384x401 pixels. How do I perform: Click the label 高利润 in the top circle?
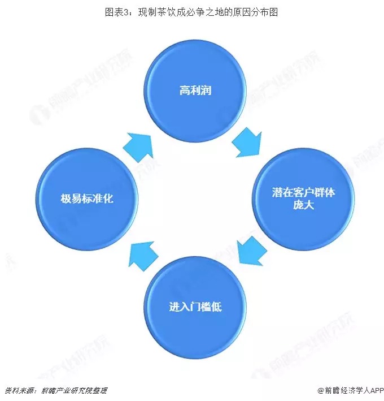[195, 90]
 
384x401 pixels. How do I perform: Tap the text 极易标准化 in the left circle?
[87, 199]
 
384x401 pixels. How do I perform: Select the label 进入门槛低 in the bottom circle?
[195, 307]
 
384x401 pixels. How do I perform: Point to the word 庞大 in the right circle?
[303, 205]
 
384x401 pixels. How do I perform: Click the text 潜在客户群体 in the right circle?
[303, 192]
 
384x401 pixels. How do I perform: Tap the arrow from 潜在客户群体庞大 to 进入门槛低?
[252, 251]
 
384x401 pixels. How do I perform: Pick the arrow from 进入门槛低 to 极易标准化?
[143, 256]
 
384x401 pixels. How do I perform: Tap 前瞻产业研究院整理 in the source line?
[75, 390]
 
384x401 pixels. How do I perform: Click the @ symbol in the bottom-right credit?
[321, 390]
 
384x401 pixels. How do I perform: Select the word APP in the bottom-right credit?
[377, 390]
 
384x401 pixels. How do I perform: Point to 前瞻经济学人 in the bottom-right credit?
[347, 390]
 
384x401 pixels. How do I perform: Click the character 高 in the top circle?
[185, 90]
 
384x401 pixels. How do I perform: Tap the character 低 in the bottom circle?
[216, 307]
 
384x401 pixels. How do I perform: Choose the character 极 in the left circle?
[66, 199]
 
